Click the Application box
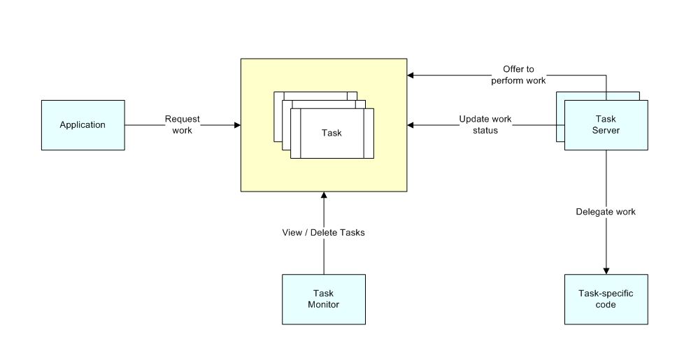83,125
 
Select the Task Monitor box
323,299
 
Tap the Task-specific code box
606,299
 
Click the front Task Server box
606,125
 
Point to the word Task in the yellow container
332,133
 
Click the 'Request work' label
183,124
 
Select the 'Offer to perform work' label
518,75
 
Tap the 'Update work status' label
485,124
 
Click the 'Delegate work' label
606,212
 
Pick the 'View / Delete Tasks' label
318,233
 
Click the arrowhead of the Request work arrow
237,125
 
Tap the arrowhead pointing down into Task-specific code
606,271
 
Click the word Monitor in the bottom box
323,305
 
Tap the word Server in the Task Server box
606,131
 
